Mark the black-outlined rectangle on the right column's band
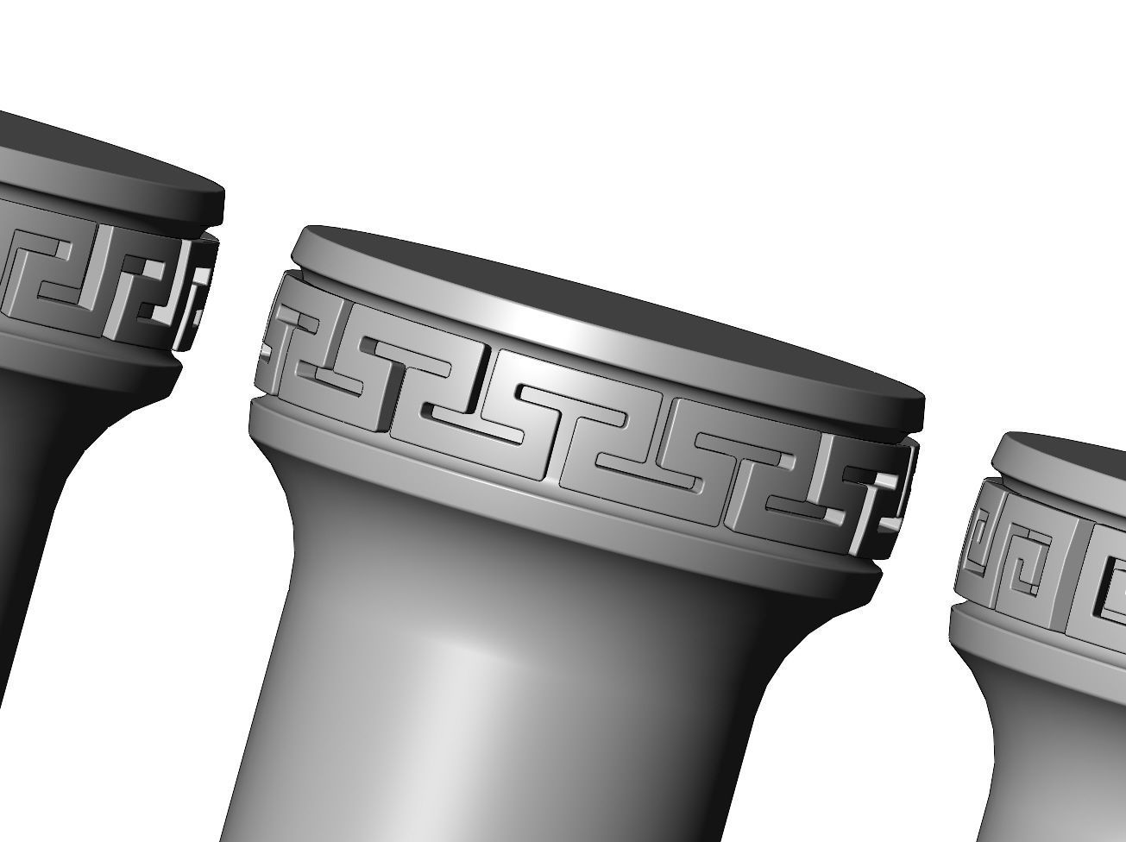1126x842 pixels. (1109, 587)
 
